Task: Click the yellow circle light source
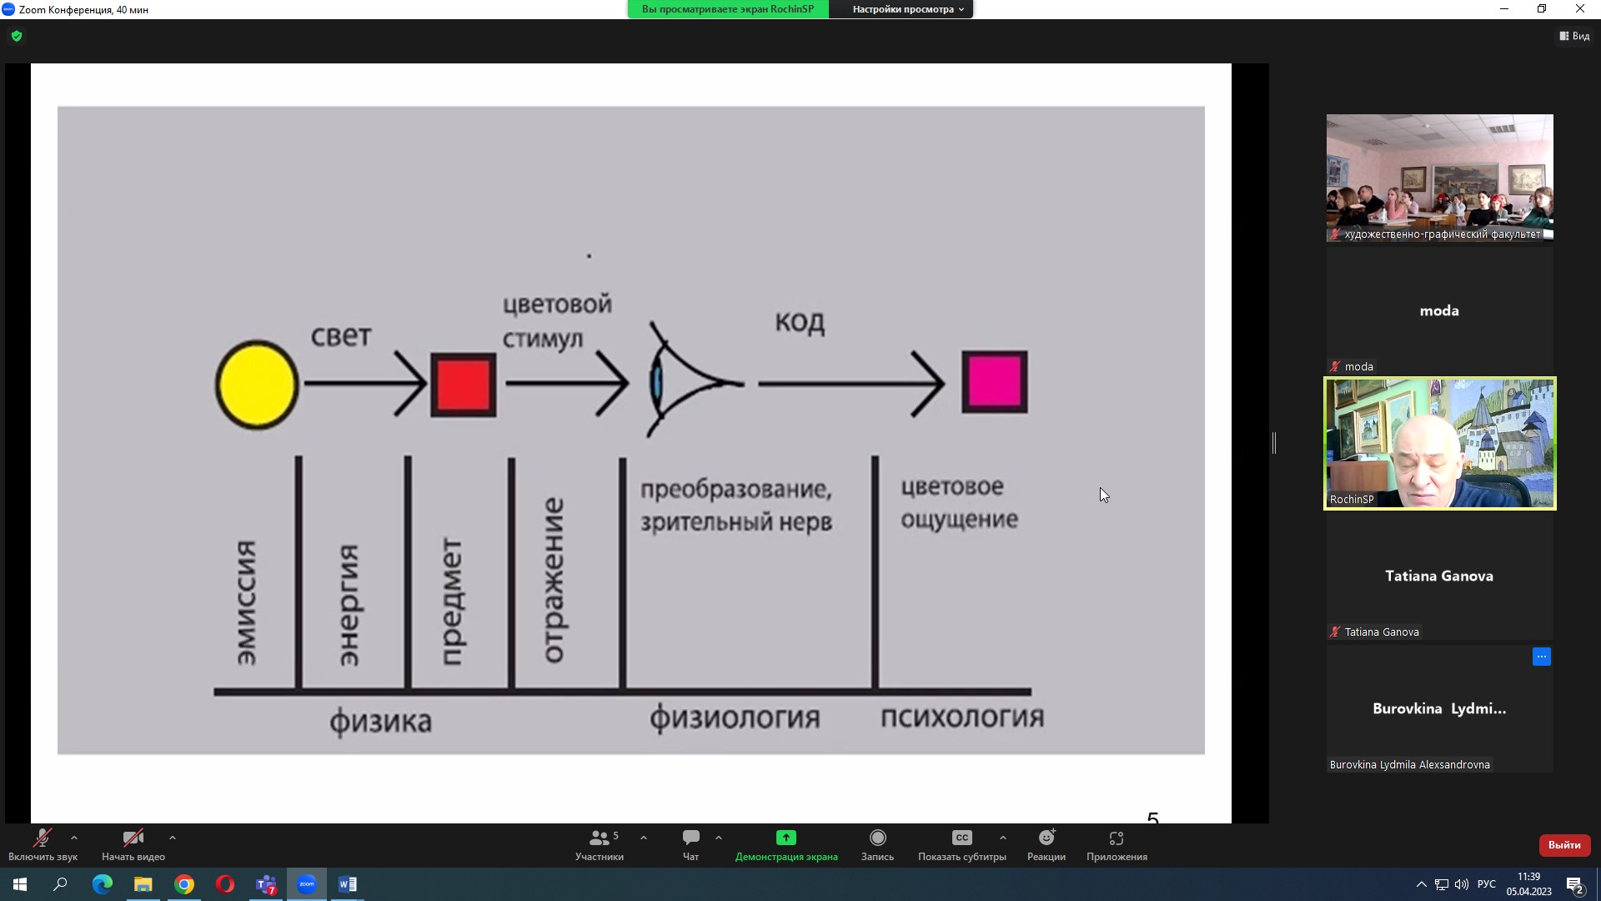(257, 385)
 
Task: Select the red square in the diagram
(464, 385)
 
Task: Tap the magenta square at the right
(995, 382)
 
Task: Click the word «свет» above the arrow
(341, 336)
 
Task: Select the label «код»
(800, 322)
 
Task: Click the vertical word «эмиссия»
(246, 602)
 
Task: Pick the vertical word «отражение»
(554, 581)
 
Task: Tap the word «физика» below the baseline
(380, 721)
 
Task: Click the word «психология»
(962, 717)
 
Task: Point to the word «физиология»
(735, 717)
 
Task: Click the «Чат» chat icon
(690, 838)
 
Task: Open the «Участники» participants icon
(599, 838)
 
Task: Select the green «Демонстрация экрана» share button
(785, 838)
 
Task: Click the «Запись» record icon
(877, 838)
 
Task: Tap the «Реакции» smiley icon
(1046, 838)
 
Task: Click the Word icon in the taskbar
(348, 884)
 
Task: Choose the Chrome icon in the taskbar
(184, 884)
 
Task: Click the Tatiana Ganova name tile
(1439, 576)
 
